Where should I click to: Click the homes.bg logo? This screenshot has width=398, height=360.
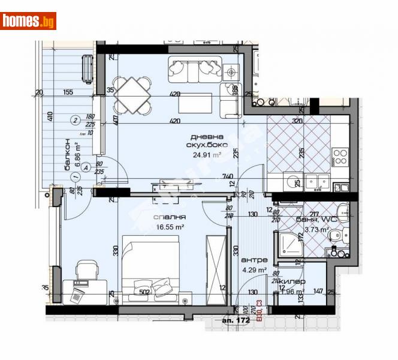pos(29,21)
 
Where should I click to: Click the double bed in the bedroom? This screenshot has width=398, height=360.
pos(150,265)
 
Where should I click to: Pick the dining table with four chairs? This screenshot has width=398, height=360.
pos(132,94)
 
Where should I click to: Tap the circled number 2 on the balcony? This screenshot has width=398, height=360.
pos(74,119)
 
